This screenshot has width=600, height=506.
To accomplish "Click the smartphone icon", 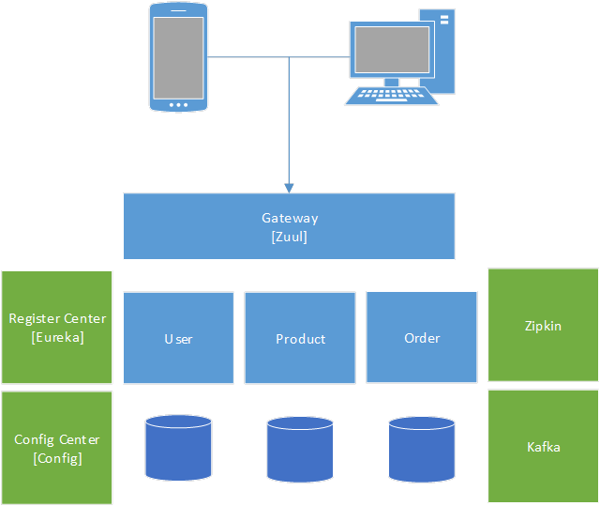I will coord(177,56).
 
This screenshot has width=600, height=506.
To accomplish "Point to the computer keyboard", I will coord(392,95).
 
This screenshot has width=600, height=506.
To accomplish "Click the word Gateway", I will coord(290,218).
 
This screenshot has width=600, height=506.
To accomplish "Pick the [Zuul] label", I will coord(290,237).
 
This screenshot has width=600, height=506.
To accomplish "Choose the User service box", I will coord(178,337).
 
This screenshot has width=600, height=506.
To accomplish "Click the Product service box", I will coord(300,337).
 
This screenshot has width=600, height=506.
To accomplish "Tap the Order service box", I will coord(422,337).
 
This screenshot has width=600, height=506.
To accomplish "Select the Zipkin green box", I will coord(544,325).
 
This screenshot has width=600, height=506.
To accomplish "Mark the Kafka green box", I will coord(544,447).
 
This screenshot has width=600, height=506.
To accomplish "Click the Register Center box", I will coord(57,327).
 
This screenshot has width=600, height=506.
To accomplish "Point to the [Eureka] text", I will coord(57,336).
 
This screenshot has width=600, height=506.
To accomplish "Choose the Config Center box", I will coord(57,448).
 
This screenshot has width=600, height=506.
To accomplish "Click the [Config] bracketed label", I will coord(57,458).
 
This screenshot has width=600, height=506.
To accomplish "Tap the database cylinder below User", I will coord(178,449).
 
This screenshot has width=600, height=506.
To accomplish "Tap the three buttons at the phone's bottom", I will coord(177,104).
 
